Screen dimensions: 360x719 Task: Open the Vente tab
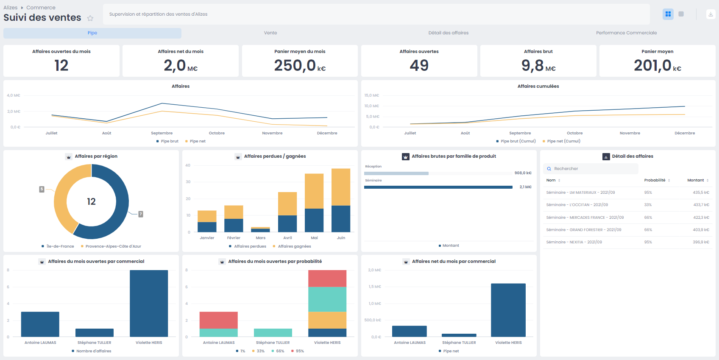[x=270, y=33]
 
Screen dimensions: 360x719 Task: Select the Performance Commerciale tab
[x=626, y=33]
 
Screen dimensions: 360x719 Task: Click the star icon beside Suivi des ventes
[x=90, y=18]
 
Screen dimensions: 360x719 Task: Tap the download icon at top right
[x=711, y=14]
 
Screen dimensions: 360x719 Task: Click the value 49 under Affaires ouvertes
[x=419, y=65]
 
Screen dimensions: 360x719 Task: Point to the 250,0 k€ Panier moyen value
[x=299, y=65]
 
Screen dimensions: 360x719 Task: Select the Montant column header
[x=695, y=180]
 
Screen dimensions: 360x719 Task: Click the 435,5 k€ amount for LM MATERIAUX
[x=701, y=193]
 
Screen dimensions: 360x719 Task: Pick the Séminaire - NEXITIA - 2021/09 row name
[x=574, y=242]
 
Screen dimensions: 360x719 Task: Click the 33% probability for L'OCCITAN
[x=648, y=205]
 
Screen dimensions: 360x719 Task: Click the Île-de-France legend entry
[x=60, y=246]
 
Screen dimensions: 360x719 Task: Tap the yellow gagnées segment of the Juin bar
[x=341, y=187]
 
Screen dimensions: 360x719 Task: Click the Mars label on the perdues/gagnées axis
[x=261, y=238]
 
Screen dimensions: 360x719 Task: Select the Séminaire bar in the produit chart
[x=438, y=187]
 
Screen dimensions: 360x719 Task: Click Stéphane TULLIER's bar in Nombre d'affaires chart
[x=95, y=332]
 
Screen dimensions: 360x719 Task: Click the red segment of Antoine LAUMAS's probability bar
[x=218, y=320]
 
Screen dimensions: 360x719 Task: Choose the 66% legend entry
[x=280, y=351]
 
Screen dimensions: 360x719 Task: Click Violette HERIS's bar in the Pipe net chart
[x=508, y=310]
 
